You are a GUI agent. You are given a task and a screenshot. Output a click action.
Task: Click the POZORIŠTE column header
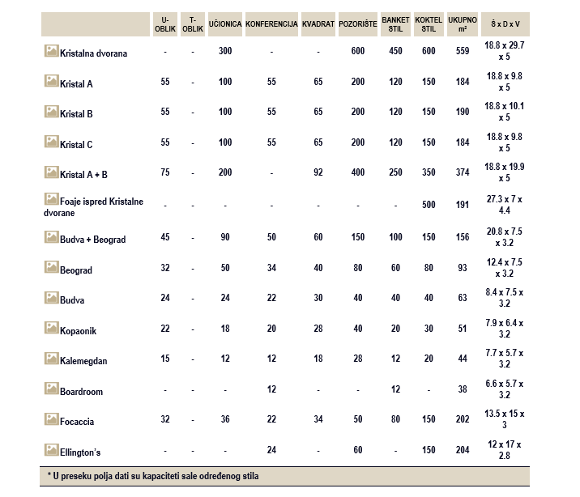(x=358, y=24)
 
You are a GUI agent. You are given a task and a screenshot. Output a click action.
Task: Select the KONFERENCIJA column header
(x=271, y=24)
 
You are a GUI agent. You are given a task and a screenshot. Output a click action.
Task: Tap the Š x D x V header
(x=505, y=24)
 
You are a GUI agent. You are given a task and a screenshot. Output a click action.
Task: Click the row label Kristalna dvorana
(x=94, y=53)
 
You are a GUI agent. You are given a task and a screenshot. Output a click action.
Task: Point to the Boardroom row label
(x=81, y=391)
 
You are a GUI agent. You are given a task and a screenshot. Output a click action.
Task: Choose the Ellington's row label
(x=80, y=452)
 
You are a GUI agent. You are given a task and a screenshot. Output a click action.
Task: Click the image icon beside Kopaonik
(x=51, y=327)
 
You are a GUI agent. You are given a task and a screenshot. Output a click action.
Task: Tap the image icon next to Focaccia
(x=51, y=418)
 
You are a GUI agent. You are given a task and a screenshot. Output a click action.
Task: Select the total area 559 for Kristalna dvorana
(x=463, y=51)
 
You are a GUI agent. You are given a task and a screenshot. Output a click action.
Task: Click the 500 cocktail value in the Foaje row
(x=429, y=205)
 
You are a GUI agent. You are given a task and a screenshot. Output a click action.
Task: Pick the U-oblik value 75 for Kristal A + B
(x=165, y=172)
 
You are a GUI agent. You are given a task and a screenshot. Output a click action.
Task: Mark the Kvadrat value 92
(x=318, y=172)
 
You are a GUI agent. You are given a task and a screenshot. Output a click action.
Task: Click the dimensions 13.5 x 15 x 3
(x=505, y=419)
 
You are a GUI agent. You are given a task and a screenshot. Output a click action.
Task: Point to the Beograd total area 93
(x=463, y=268)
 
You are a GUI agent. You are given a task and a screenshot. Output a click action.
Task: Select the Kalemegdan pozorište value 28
(x=358, y=359)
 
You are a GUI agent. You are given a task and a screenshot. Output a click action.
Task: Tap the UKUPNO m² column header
(x=463, y=24)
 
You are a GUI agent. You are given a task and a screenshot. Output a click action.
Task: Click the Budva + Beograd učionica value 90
(x=225, y=237)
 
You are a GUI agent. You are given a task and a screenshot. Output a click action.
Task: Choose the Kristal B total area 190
(x=463, y=112)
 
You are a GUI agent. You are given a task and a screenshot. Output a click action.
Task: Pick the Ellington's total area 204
(x=463, y=450)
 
